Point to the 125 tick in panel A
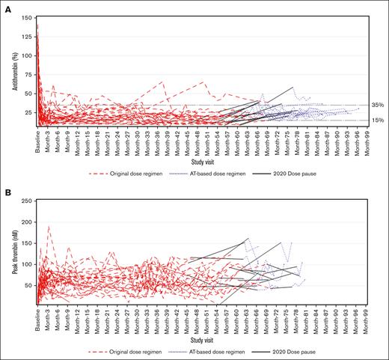click(x=27, y=35)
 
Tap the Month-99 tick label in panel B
click(x=367, y=323)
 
